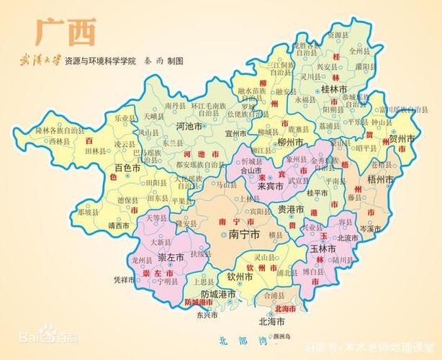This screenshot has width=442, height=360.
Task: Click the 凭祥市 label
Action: (x=125, y=279)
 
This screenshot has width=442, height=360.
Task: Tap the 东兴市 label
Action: (x=204, y=315)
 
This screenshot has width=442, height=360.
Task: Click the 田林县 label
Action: (x=96, y=152)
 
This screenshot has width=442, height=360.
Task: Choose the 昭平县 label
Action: (x=366, y=148)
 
